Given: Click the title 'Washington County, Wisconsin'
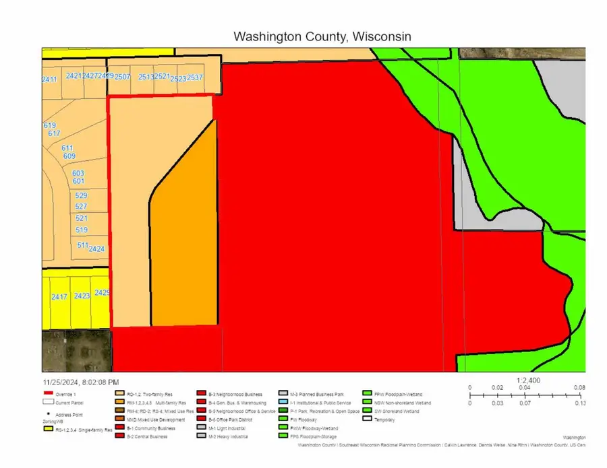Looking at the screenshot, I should [x=321, y=36].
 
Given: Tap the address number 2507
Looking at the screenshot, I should [x=122, y=77].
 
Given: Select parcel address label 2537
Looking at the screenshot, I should [x=195, y=77].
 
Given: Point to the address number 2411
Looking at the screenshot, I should [x=49, y=79].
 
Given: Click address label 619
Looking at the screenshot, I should [x=50, y=125].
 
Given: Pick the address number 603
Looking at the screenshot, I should [x=78, y=173].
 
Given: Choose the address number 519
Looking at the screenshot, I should [x=82, y=230].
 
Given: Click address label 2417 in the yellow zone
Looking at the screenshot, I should [x=59, y=296].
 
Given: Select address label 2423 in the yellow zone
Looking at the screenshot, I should [x=82, y=296].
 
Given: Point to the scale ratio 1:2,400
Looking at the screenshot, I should [x=529, y=380].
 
